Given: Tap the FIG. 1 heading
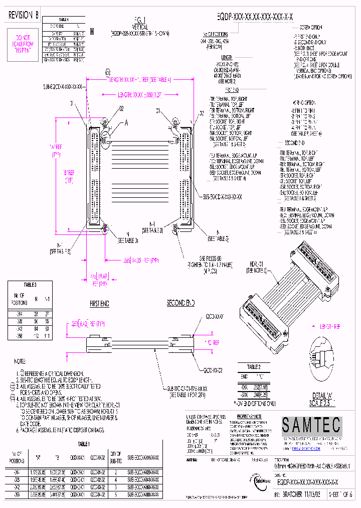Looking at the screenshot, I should click(140, 21).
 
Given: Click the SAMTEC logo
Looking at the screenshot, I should click(311, 426).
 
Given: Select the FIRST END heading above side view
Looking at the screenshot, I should click(99, 304).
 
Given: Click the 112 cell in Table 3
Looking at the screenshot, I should click(36, 336).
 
